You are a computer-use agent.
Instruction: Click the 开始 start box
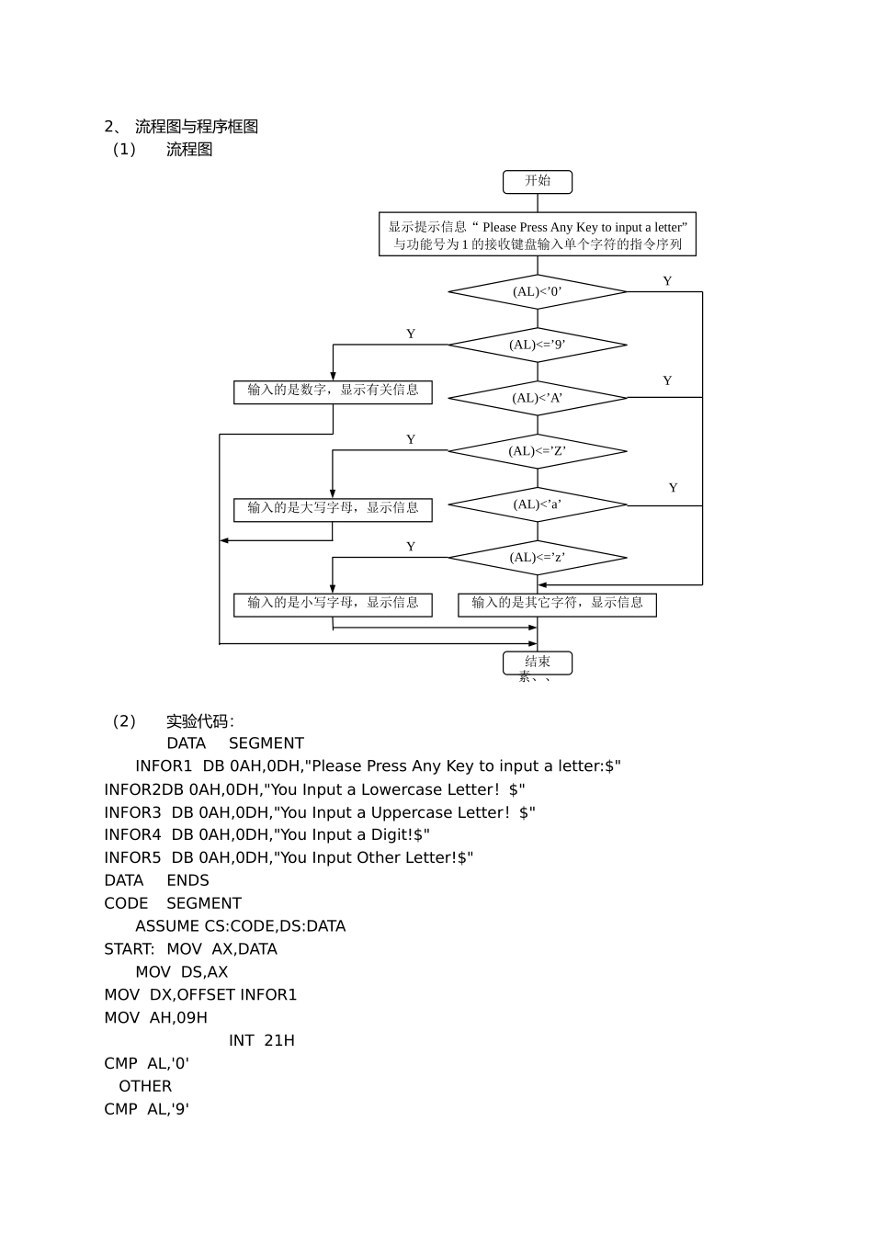[538, 182]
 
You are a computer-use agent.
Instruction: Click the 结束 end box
[538, 663]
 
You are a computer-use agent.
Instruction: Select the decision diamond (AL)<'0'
[538, 292]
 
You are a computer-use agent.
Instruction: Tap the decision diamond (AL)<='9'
[538, 346]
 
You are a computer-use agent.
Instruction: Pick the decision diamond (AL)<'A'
[538, 398]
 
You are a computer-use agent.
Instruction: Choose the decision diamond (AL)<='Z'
[538, 451]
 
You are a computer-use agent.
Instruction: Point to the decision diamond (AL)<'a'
[538, 504]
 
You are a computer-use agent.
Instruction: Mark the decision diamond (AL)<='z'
[538, 558]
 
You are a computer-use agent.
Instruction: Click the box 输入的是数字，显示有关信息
[333, 391]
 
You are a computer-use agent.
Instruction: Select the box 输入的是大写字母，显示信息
[333, 509]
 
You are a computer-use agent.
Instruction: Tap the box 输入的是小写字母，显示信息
[333, 604]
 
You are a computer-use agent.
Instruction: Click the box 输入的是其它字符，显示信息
[557, 604]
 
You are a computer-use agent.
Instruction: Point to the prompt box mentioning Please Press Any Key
[538, 235]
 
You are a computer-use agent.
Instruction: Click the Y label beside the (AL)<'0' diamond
[667, 281]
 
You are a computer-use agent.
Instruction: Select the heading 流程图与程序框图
[196, 127]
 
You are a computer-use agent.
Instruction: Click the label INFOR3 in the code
[132, 812]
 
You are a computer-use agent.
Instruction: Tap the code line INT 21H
[262, 1040]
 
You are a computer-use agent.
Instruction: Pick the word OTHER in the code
[145, 1086]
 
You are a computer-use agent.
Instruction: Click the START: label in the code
[130, 949]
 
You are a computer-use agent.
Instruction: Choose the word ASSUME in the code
[167, 926]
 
